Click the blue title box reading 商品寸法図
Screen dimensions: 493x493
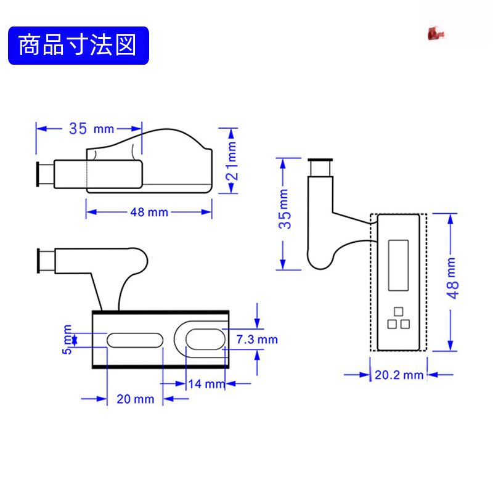pos(78,46)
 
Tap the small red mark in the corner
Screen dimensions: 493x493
pos(436,34)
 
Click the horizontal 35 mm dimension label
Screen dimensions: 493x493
pos(91,129)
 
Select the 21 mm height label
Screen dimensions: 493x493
pos(231,161)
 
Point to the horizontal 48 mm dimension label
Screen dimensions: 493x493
pos(149,212)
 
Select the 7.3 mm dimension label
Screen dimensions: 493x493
pos(257,340)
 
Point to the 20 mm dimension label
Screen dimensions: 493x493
pos(135,399)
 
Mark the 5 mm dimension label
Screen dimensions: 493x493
pos(68,339)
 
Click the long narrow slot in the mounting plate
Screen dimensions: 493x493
pos(135,340)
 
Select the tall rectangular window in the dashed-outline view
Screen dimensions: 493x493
pos(398,265)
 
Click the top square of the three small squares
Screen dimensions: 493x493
pos(398,311)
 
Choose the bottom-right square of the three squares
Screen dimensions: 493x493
pos(405,324)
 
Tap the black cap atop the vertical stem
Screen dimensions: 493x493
pos(321,167)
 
